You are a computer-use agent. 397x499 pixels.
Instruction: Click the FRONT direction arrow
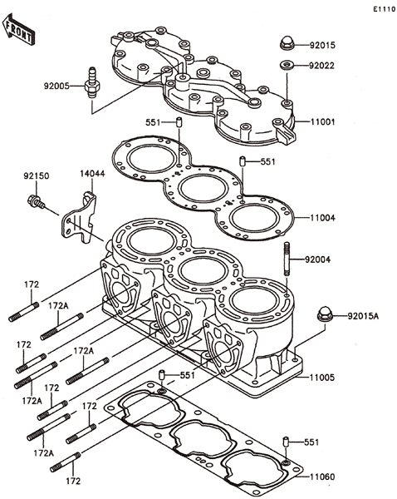[x=18, y=29]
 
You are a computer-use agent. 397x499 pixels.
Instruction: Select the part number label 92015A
[x=363, y=316]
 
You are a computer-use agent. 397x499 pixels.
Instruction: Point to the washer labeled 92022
[x=287, y=65]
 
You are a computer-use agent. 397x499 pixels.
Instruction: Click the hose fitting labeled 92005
[x=92, y=83]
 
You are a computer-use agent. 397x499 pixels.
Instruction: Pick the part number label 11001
[x=322, y=121]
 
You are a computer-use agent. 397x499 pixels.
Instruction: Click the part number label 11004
[x=322, y=218]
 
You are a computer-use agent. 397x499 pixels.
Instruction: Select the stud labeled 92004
[x=287, y=259]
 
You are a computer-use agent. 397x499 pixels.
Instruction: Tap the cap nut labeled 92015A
[x=326, y=314]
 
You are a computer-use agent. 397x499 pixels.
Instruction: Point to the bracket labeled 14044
[x=79, y=218]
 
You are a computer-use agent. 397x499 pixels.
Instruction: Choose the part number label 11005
[x=322, y=378]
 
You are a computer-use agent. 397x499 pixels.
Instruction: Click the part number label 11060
[x=322, y=477]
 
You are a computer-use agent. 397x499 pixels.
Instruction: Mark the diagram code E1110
[x=384, y=9]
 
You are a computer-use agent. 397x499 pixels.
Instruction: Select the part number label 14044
[x=92, y=174]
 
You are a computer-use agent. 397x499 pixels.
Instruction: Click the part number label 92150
[x=37, y=175]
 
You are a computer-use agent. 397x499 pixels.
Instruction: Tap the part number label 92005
[x=56, y=86]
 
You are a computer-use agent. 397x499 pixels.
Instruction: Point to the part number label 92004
[x=317, y=259]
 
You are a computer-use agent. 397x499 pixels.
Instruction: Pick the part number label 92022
[x=321, y=66]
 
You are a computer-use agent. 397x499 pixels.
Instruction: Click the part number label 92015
[x=322, y=45]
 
